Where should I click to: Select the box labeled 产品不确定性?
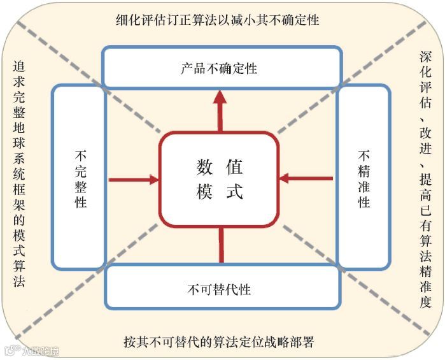pos(220,68)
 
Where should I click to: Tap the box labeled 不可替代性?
pos(220,289)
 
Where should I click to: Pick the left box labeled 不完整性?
pos(80,178)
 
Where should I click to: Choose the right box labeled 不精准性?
pos(364,178)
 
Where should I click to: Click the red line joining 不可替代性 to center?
pos(221,245)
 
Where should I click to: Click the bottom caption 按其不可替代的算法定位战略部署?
pos(219,342)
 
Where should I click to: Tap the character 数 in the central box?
pos(204,168)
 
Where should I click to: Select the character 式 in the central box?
pos(235,192)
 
